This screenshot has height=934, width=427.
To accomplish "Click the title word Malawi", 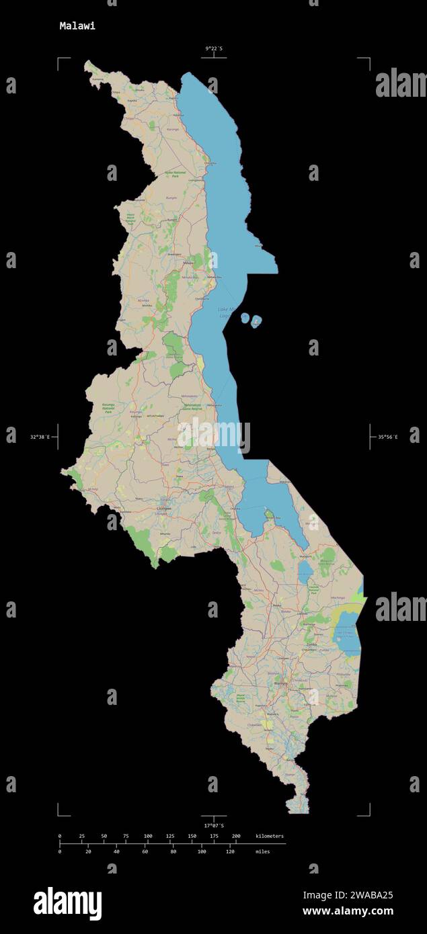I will coord(77,26).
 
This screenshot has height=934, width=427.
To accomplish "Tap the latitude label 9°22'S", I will coord(214,48).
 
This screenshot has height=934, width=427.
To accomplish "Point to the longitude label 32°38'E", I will coord(39,437).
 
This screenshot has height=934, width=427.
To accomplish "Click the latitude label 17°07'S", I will coord(214,825).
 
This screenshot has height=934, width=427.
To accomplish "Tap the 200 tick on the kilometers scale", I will coord(235,836).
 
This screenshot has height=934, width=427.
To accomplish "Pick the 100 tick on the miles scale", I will coord(202,851).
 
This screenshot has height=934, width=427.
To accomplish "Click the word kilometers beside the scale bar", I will coord(269,836).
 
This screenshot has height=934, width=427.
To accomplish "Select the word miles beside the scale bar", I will coord(264,851).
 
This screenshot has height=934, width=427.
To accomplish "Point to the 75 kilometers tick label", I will coord(125,836).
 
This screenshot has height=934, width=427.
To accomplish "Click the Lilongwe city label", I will coord(164,509).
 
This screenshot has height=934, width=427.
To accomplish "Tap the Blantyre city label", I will coord(280,683).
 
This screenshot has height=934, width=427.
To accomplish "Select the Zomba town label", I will coord(311,644).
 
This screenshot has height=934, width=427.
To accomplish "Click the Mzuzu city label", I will coord(188,263).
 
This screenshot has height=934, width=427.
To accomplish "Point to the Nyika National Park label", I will coord(175,173).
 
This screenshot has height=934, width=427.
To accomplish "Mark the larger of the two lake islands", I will coord(256,323).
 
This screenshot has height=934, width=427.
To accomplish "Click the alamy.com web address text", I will coord(348,912).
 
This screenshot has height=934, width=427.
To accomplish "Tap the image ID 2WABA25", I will coord(366,895).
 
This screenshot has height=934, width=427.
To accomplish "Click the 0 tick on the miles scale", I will coord(60,851).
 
